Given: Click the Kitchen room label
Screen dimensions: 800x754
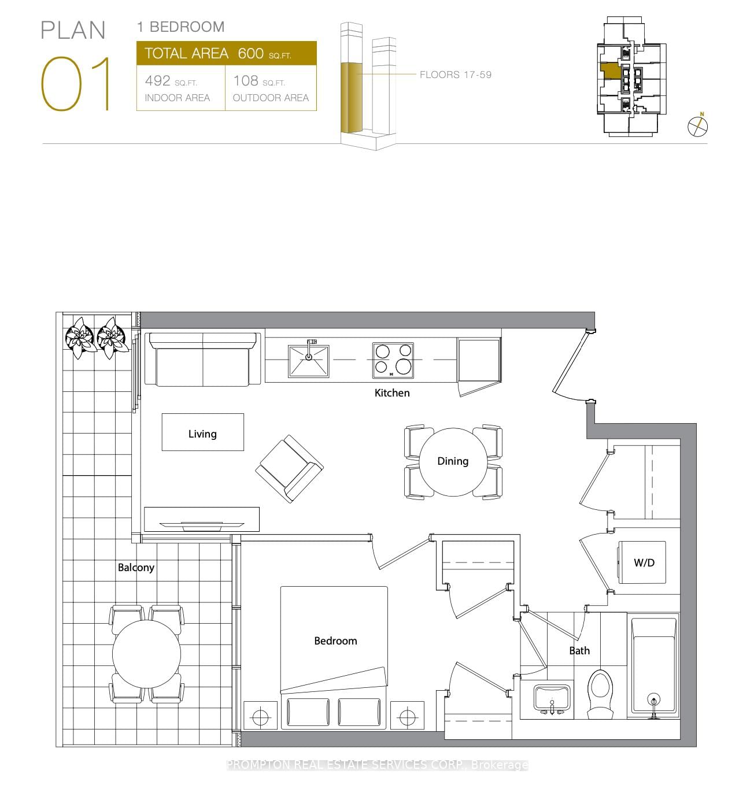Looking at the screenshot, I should [391, 393].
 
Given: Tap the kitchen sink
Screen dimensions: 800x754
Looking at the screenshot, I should [309, 361].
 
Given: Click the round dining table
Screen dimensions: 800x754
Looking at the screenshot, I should [453, 462].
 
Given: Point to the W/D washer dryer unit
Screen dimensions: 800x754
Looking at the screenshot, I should [642, 562].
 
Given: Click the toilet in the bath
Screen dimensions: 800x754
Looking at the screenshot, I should [600, 692].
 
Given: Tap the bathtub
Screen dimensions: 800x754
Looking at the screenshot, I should [654, 666].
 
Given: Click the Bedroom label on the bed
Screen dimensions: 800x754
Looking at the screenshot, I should [335, 641].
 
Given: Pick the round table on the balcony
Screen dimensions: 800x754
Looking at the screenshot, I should [146, 654].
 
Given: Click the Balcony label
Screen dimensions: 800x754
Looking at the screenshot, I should [136, 568].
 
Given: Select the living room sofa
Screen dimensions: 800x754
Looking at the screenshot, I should [202, 360].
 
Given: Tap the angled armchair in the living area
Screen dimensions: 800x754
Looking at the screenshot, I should [289, 468].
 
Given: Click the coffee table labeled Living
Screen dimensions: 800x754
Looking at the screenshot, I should [202, 432].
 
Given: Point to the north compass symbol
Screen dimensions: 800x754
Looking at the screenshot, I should [698, 126].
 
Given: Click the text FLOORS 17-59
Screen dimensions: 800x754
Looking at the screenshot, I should [456, 75].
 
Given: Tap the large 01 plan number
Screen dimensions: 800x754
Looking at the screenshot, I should [76, 84].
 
